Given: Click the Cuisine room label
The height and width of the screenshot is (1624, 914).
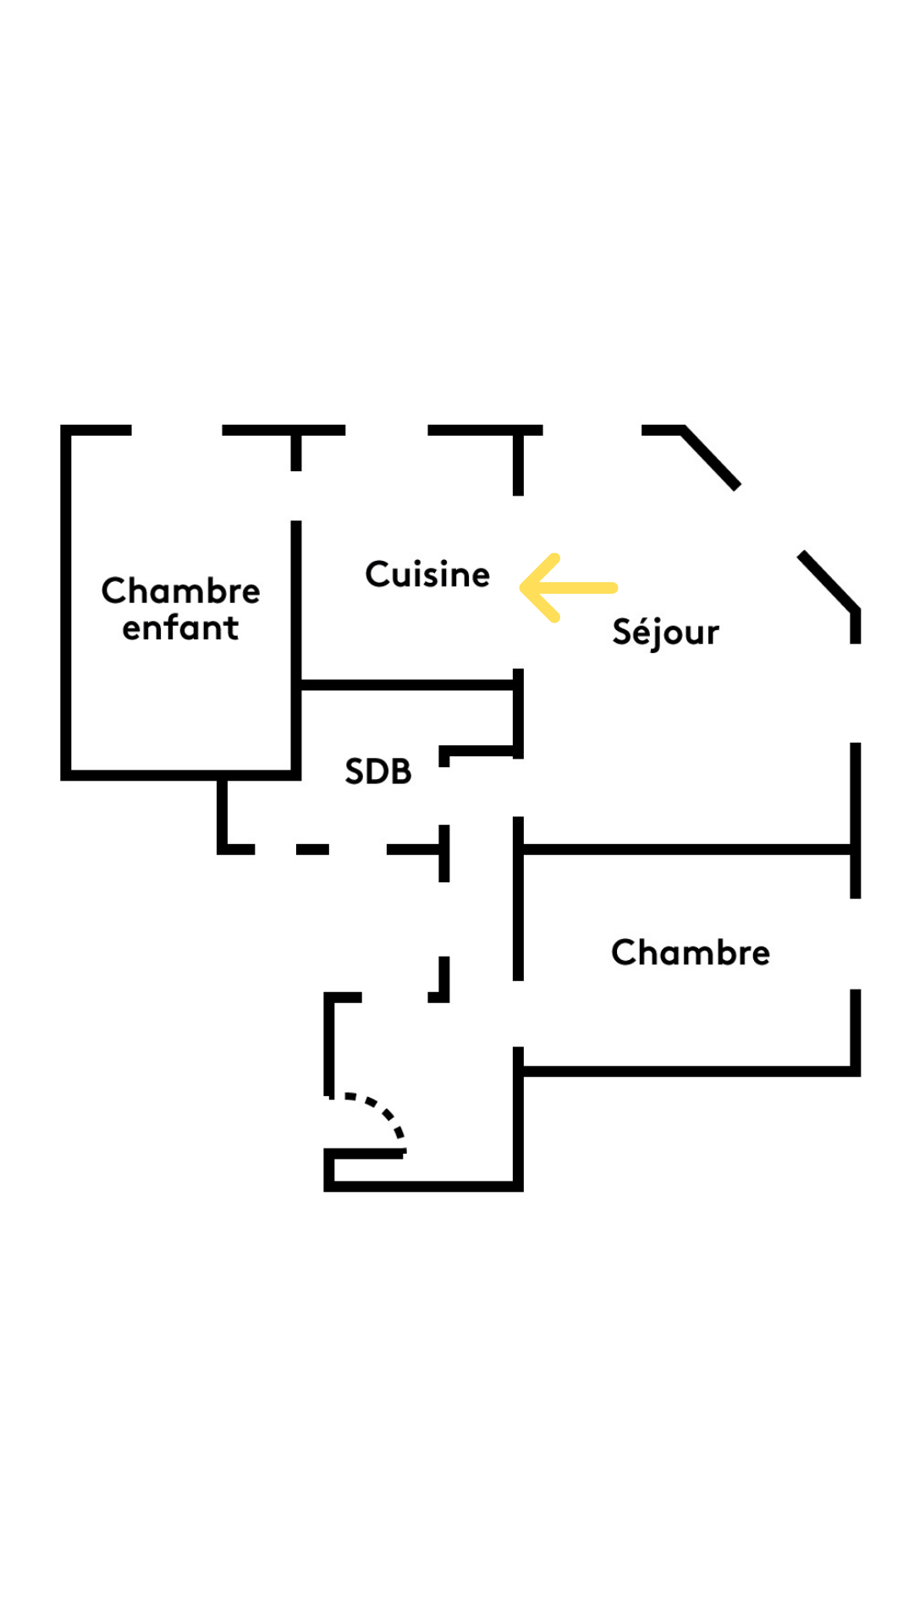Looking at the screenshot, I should click(x=427, y=574).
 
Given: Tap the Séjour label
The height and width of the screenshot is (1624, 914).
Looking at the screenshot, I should click(x=665, y=633).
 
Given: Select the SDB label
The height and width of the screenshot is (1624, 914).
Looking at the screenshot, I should click(x=377, y=771).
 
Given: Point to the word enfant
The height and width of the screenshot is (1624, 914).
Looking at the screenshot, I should click(x=180, y=628).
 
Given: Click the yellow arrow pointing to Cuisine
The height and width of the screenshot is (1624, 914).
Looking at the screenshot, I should click(x=567, y=587).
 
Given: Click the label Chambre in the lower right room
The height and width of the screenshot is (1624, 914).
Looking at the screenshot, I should click(x=691, y=952).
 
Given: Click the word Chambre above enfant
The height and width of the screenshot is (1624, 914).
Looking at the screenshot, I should click(x=180, y=590).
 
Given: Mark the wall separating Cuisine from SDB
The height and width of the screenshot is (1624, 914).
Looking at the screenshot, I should click(x=406, y=684).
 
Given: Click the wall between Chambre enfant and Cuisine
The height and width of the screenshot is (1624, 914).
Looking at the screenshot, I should click(x=296, y=601).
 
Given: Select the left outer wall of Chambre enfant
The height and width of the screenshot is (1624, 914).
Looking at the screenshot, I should click(x=66, y=601).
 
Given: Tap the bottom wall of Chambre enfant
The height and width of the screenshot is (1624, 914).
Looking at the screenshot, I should click(x=180, y=775).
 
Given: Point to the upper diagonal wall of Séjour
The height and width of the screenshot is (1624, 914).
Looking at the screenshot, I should click(x=711, y=458).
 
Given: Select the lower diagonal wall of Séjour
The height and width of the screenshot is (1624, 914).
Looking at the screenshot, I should click(x=828, y=579).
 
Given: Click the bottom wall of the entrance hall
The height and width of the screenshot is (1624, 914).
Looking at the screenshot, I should click(x=423, y=1186).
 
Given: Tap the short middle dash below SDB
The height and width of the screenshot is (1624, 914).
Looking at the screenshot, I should click(x=312, y=848).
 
